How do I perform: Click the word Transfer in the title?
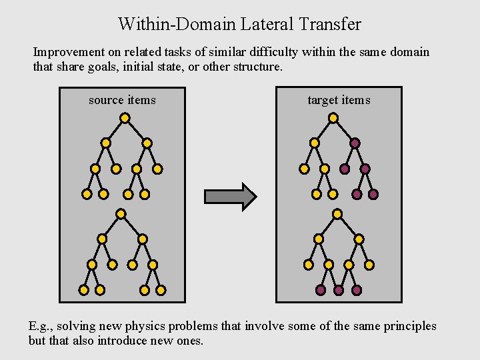[x=331, y=25]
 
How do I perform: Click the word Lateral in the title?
[x=267, y=25]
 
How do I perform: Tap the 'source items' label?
[x=122, y=100]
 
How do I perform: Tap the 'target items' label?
[x=339, y=100]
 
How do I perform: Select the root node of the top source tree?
[x=125, y=118]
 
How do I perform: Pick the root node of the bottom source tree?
[x=121, y=214]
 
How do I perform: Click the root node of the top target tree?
[x=333, y=118]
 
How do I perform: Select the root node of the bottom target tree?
[x=337, y=214]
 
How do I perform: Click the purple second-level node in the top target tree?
[x=355, y=143]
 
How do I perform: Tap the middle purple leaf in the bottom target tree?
[x=339, y=291]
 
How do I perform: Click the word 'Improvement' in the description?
[x=69, y=52]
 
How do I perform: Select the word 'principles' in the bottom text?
[x=409, y=326]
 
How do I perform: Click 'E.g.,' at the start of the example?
[x=41, y=326]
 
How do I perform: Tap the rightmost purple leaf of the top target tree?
[x=373, y=194]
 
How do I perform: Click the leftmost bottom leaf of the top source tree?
[x=87, y=194]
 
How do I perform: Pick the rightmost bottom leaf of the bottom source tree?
[x=161, y=290]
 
